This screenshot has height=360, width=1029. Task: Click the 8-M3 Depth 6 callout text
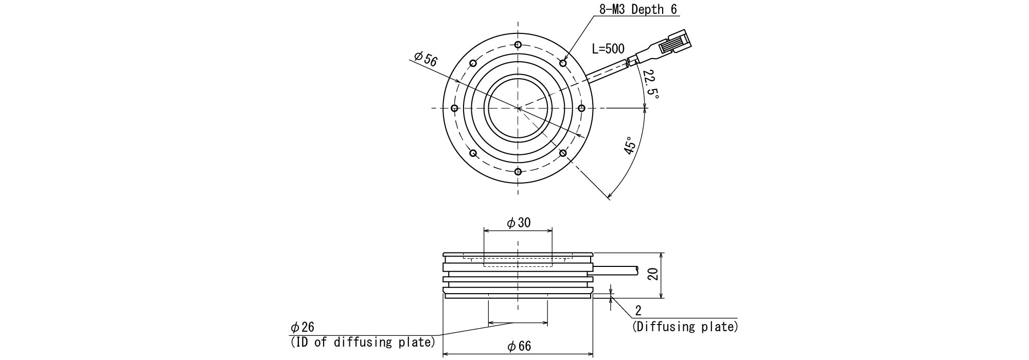[x=638, y=10]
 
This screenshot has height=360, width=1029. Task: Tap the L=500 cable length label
[x=608, y=49]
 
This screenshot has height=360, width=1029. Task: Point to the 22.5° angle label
[x=651, y=84]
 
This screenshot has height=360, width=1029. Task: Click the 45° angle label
[x=629, y=146]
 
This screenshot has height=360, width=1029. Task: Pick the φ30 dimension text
[x=519, y=223]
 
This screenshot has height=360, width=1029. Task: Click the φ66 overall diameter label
[x=519, y=346]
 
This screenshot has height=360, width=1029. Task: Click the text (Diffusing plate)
[x=685, y=327]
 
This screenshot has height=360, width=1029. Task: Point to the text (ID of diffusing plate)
[x=363, y=342]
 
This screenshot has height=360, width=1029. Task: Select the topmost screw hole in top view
[x=518, y=44]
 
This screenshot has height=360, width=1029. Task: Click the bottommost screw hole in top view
[x=518, y=172]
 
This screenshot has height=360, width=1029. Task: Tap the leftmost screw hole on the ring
[x=454, y=108]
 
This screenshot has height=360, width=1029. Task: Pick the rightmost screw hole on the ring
[x=582, y=108]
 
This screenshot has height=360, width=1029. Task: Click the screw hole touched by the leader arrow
[x=563, y=63]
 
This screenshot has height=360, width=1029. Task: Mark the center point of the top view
[x=518, y=108]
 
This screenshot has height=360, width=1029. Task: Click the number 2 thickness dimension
[x=638, y=311]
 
